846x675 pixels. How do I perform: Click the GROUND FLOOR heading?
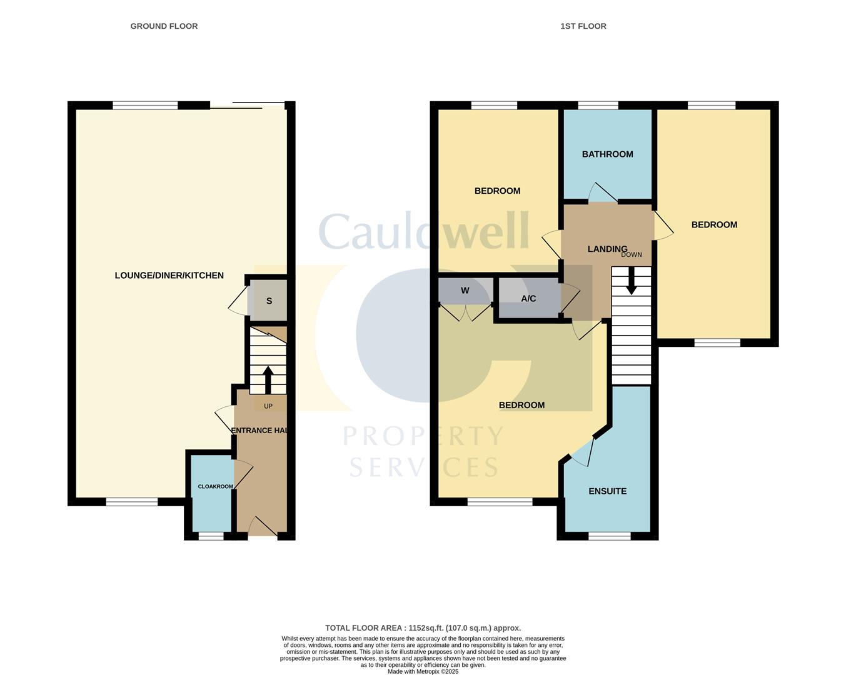click(164, 26)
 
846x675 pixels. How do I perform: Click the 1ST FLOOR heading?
click(583, 26)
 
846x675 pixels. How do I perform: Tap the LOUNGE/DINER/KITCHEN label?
click(169, 276)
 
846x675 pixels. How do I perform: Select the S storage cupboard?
click(269, 301)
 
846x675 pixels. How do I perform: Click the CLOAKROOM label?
click(215, 487)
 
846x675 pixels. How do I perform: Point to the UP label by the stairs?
click(268, 406)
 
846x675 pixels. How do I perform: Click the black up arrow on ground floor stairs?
click(268, 379)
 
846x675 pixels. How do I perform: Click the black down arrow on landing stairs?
click(632, 281)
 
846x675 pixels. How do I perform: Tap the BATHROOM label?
click(607, 154)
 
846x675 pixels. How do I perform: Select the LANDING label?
click(607, 249)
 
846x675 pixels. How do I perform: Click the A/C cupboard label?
click(528, 299)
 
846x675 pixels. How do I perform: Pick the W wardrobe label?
click(465, 291)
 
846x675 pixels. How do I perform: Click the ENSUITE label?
click(607, 491)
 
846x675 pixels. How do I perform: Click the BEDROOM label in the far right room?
click(714, 225)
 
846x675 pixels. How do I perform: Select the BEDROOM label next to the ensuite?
click(521, 406)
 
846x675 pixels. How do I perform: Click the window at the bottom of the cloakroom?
click(211, 536)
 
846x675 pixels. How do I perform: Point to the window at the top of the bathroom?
click(598, 105)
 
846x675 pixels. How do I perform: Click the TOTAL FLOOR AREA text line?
click(423, 628)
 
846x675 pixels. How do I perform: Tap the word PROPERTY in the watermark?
click(423, 436)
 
